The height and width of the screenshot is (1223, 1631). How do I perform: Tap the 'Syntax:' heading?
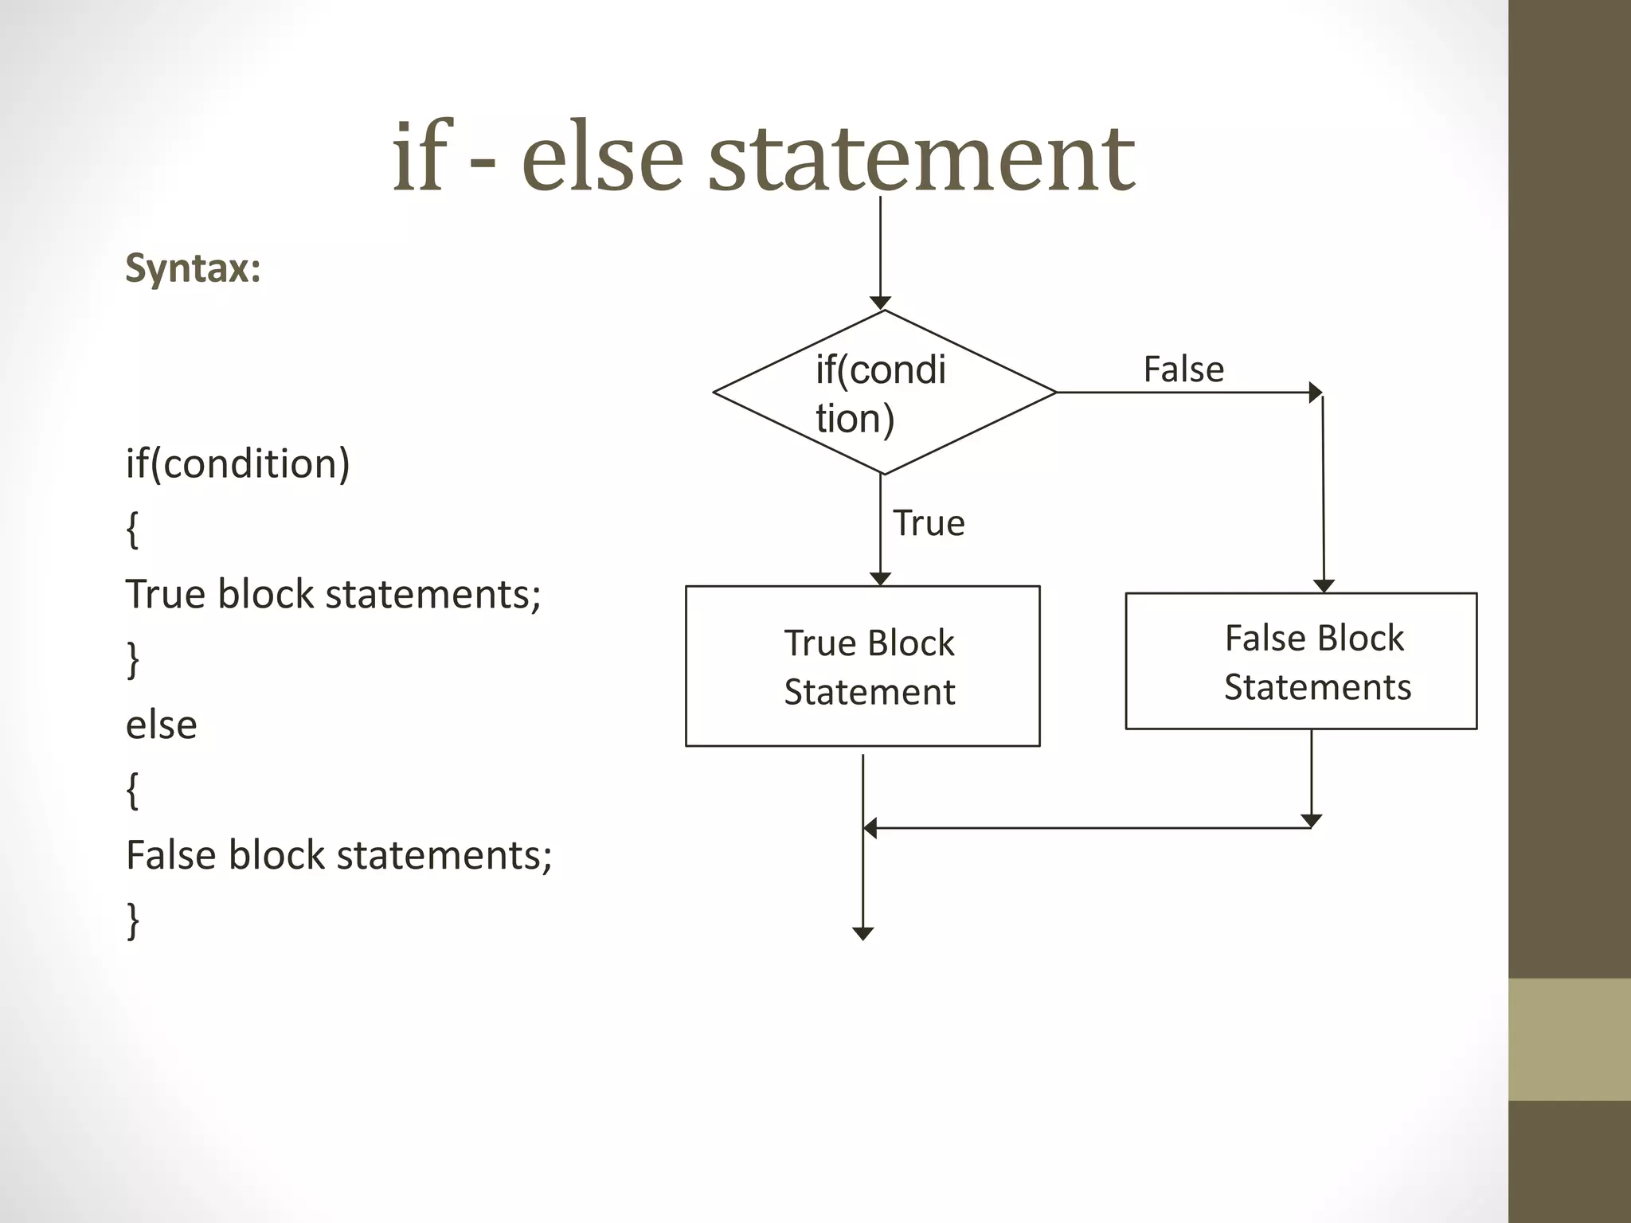click(193, 268)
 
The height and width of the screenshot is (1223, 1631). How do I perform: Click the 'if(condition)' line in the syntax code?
click(237, 463)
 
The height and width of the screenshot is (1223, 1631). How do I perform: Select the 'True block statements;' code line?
click(333, 594)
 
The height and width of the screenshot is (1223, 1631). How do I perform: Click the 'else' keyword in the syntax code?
click(162, 725)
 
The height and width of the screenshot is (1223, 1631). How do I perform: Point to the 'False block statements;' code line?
click(338, 855)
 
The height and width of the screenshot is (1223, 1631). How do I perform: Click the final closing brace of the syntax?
click(133, 921)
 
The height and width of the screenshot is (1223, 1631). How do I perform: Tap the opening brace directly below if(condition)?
click(133, 529)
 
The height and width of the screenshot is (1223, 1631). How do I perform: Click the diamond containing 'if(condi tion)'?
click(884, 393)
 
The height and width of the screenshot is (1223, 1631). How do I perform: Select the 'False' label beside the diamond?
click(1183, 369)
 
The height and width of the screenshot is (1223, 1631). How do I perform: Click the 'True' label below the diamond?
click(929, 523)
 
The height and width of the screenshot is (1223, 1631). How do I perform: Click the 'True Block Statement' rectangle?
click(862, 666)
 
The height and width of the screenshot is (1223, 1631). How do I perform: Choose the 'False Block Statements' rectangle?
click(1301, 661)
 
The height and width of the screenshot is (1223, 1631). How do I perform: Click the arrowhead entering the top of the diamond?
click(880, 303)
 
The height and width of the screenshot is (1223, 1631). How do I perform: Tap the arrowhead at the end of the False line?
click(1316, 393)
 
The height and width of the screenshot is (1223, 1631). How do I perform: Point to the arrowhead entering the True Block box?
click(880, 579)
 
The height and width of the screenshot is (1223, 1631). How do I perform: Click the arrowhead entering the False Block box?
click(1324, 586)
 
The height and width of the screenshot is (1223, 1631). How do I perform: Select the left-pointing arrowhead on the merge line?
click(870, 828)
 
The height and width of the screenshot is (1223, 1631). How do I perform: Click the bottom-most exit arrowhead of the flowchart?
click(863, 934)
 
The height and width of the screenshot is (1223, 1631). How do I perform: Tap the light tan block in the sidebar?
click(1570, 1040)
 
